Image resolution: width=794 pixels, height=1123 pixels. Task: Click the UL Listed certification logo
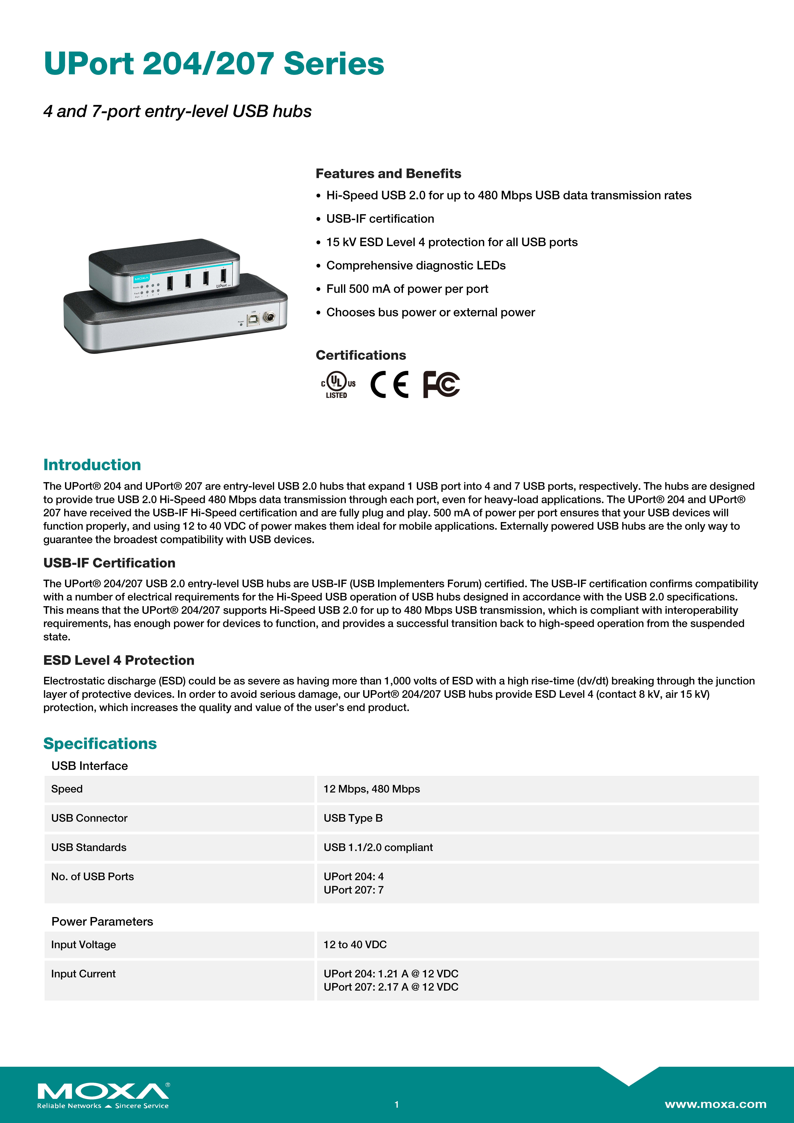[338, 384]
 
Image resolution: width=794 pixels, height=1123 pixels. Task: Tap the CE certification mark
[389, 384]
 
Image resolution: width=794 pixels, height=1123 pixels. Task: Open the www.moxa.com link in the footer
[715, 1104]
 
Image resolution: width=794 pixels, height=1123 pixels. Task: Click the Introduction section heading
[92, 465]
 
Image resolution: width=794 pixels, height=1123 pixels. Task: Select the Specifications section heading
[100, 743]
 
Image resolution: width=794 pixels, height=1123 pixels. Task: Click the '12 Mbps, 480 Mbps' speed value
[372, 789]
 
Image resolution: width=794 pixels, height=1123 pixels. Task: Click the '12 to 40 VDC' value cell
[355, 945]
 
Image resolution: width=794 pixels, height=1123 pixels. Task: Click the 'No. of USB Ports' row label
[92, 876]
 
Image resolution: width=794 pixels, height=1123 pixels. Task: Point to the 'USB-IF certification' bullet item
[380, 219]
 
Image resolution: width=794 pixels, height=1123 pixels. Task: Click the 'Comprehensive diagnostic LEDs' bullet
[416, 266]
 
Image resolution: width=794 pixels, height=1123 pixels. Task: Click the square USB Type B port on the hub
[253, 320]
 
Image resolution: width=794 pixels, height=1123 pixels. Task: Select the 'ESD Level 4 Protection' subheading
[119, 660]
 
